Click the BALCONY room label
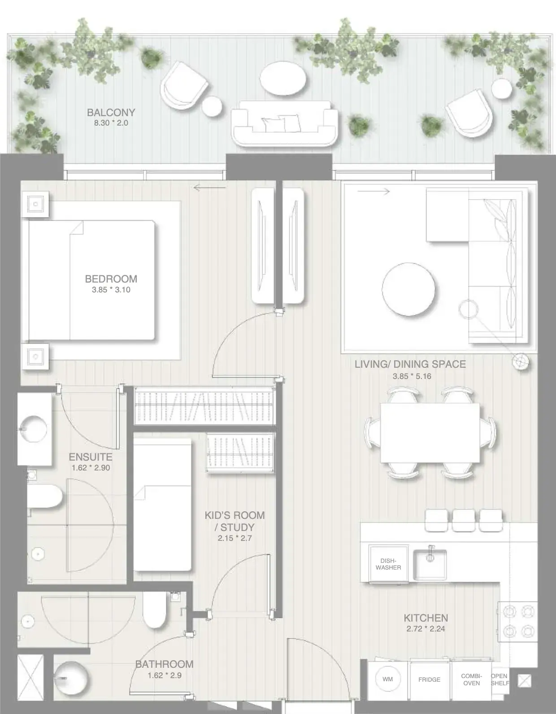tap(111, 113)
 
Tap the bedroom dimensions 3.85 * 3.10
tap(111, 290)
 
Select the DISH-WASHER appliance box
tap(388, 564)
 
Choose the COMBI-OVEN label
tap(472, 677)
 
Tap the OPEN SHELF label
tap(500, 677)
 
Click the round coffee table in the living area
tap(408, 289)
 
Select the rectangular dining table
tap(430, 433)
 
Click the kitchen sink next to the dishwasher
tap(430, 565)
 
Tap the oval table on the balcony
tap(283, 78)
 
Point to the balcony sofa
tap(284, 123)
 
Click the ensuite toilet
tap(45, 496)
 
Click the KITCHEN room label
tap(426, 618)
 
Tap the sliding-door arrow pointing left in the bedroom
tap(209, 188)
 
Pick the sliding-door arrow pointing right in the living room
tap(374, 191)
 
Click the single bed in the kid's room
tap(163, 505)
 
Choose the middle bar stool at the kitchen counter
tap(463, 520)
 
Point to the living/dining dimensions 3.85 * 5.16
tap(412, 376)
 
